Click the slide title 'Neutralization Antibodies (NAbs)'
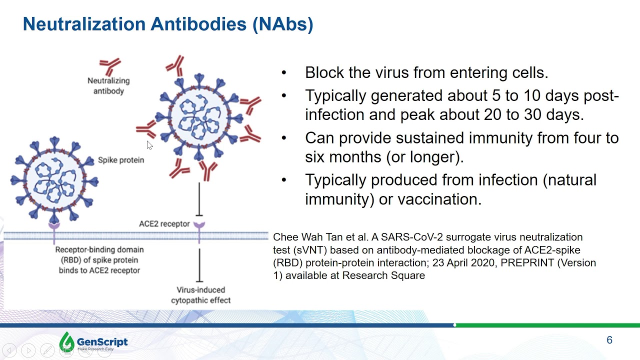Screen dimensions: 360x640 (x=168, y=24)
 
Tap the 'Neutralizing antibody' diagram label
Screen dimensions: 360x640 (x=108, y=86)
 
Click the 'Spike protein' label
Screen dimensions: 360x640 (x=121, y=160)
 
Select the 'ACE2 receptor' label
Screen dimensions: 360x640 (x=164, y=223)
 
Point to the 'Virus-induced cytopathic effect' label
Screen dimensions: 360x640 (x=200, y=295)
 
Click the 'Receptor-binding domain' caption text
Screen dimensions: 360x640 (x=99, y=260)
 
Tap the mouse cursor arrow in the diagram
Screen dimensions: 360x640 (x=149, y=144)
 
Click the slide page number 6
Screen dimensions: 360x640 (x=609, y=340)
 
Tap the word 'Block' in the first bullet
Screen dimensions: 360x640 (x=324, y=73)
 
